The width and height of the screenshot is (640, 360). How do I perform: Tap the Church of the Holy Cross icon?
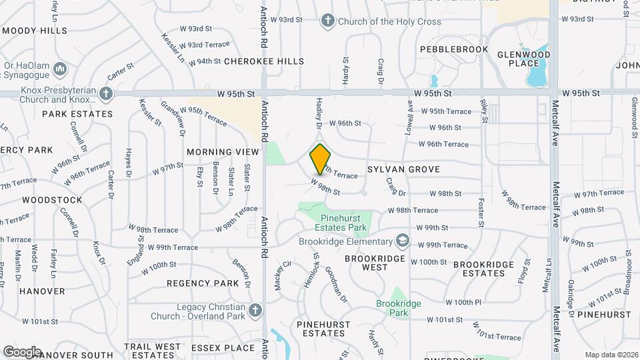(327, 21)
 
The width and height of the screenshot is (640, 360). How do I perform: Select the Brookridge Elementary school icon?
(402, 239)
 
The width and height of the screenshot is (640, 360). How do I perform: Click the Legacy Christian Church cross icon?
(254, 311)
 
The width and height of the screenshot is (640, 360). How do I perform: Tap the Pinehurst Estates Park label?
(344, 223)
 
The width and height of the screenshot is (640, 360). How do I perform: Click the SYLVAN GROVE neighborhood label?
(404, 170)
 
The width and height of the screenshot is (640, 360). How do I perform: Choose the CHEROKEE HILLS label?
(264, 61)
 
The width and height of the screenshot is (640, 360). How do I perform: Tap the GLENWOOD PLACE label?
(523, 59)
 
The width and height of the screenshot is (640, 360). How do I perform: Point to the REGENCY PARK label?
(203, 283)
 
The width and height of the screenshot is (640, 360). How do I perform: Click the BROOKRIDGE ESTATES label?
(483, 269)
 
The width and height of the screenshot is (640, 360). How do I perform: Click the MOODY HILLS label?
(35, 31)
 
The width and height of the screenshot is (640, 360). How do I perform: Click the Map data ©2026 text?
(611, 355)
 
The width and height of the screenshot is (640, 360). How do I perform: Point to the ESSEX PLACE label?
(223, 347)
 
